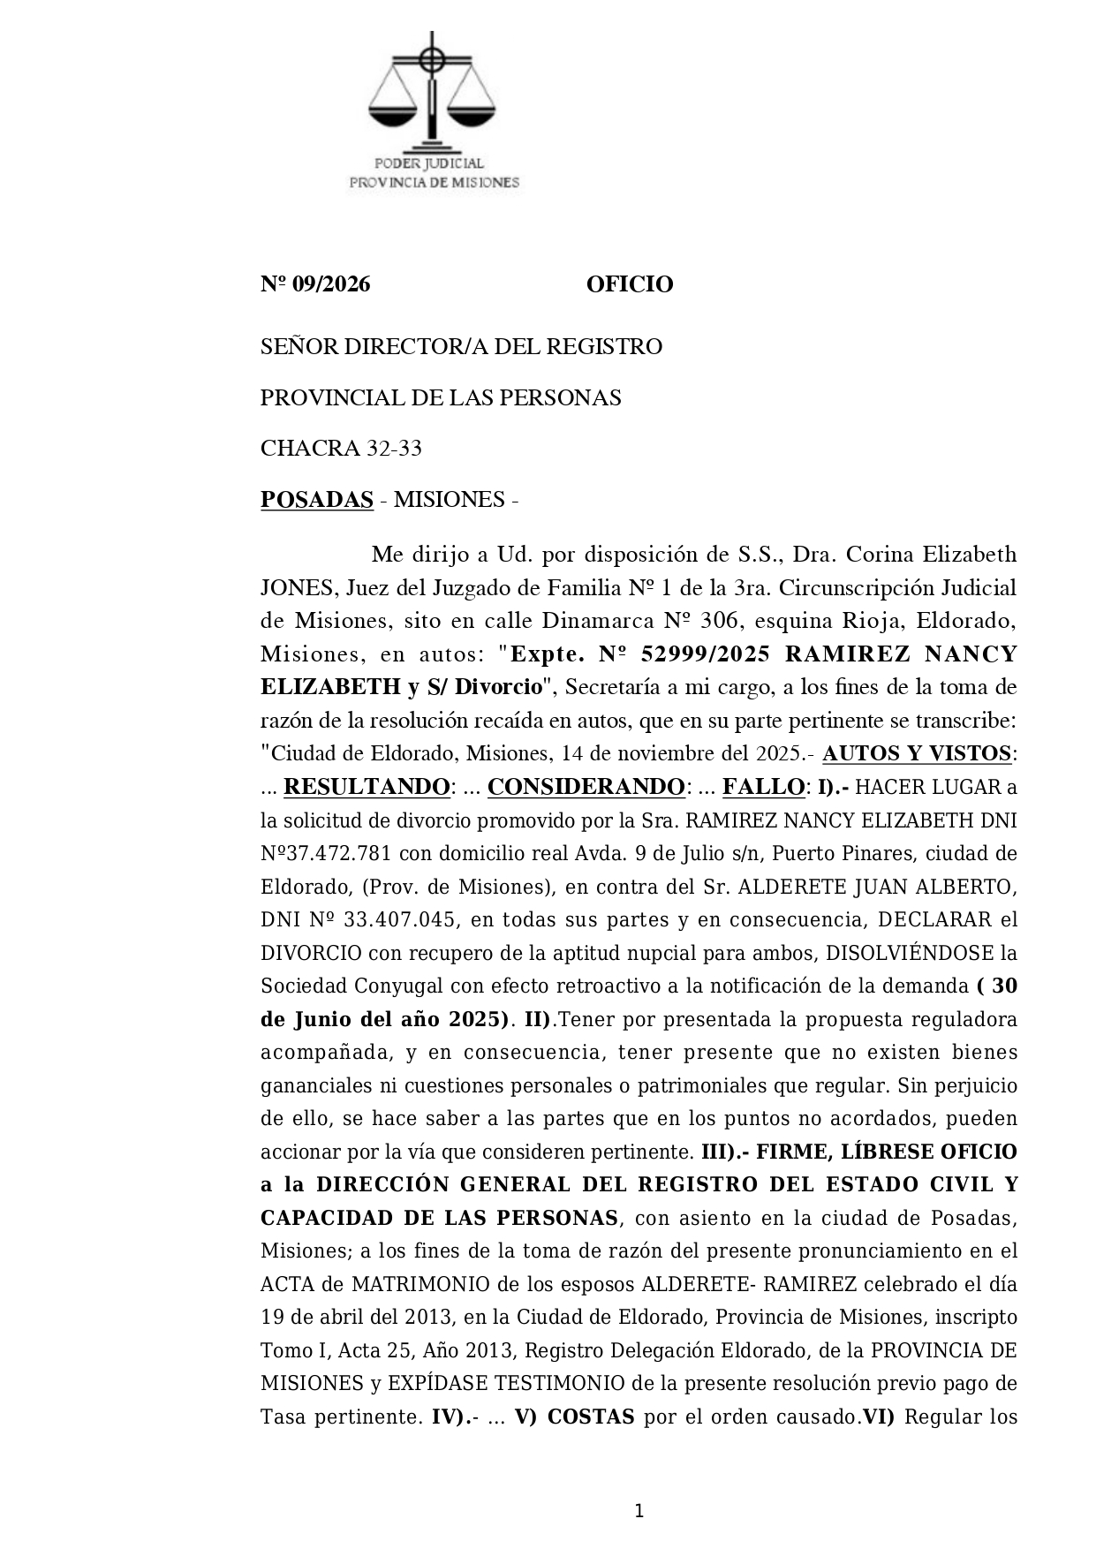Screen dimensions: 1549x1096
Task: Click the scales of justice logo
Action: coord(432,88)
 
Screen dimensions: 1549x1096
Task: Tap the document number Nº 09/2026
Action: coord(315,284)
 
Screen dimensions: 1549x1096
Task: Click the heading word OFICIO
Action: coord(629,284)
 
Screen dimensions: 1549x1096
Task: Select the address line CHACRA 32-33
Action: coord(341,449)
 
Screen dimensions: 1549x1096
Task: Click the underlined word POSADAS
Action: coord(317,500)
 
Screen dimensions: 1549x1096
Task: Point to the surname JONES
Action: coord(294,588)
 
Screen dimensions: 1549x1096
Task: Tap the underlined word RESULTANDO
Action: coord(367,787)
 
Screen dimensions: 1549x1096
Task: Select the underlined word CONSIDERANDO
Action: coord(586,787)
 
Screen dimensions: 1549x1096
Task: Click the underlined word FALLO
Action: coord(763,787)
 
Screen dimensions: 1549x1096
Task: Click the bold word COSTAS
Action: coord(591,1417)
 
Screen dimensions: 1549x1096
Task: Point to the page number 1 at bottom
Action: coord(639,1511)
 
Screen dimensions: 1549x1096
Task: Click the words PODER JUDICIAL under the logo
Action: coord(429,163)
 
